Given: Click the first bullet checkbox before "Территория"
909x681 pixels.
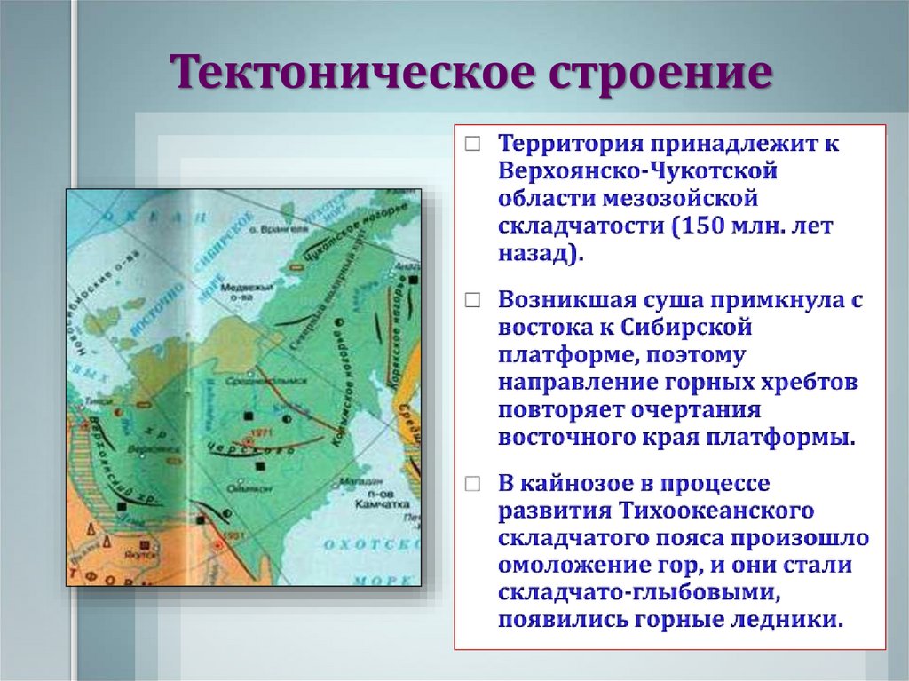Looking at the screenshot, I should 475,143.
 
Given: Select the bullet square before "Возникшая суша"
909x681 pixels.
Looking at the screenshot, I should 475,300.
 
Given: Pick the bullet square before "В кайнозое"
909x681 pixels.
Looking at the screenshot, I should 475,485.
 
